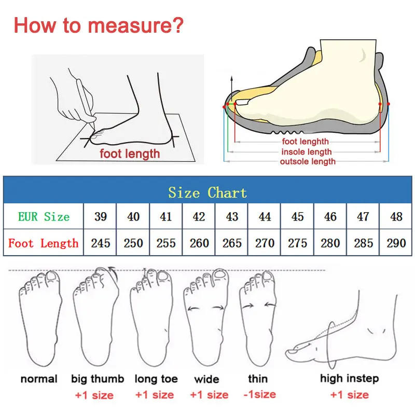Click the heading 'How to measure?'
coord(98,25)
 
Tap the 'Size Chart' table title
coord(208,192)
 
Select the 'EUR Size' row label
coord(44,216)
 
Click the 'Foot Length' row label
coord(44,243)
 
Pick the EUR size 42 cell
coord(199,216)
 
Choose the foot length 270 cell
coord(265,243)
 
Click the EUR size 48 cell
coord(396,216)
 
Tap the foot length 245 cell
coord(101,243)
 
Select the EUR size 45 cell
coord(298,216)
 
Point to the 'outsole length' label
coord(308,161)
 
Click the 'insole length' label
coord(306,151)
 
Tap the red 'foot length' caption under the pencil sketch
coord(130,154)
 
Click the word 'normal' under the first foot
coord(39,379)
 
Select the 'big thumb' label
coord(98,379)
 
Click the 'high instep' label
coord(349,379)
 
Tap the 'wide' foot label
coord(206,379)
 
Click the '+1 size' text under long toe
coord(154,395)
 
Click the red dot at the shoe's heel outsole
coord(389,104)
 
